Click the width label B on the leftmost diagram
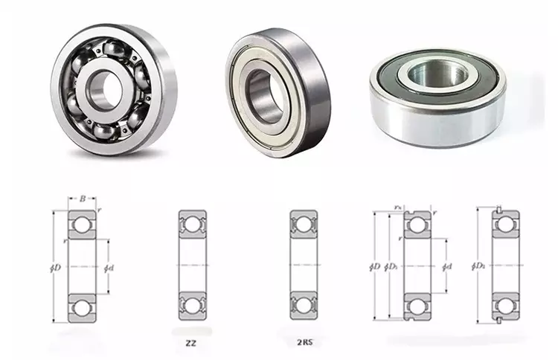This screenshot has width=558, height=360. click(82, 199)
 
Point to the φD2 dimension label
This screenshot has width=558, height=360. click(479, 266)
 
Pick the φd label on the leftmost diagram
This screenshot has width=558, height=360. click(109, 266)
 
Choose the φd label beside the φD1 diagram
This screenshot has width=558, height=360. click(446, 266)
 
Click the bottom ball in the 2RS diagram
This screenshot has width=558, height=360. click(304, 306)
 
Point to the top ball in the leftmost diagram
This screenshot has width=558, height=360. click(82, 225)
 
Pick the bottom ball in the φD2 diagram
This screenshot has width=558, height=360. click(504, 306)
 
